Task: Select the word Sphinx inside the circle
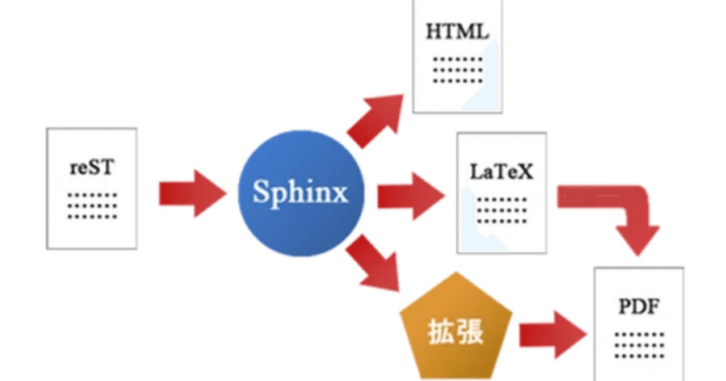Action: coord(300,192)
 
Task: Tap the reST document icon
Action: coord(92,188)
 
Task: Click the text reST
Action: coord(92,168)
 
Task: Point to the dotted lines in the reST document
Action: coord(92,206)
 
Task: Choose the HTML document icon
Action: coord(458,57)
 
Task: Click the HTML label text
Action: coord(457,32)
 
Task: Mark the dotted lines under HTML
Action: coord(457,70)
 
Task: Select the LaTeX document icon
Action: coord(503,193)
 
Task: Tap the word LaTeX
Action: coord(502,171)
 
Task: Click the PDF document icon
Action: coord(639,324)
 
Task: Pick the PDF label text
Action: coord(639,308)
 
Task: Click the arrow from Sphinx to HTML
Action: coord(377,119)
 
